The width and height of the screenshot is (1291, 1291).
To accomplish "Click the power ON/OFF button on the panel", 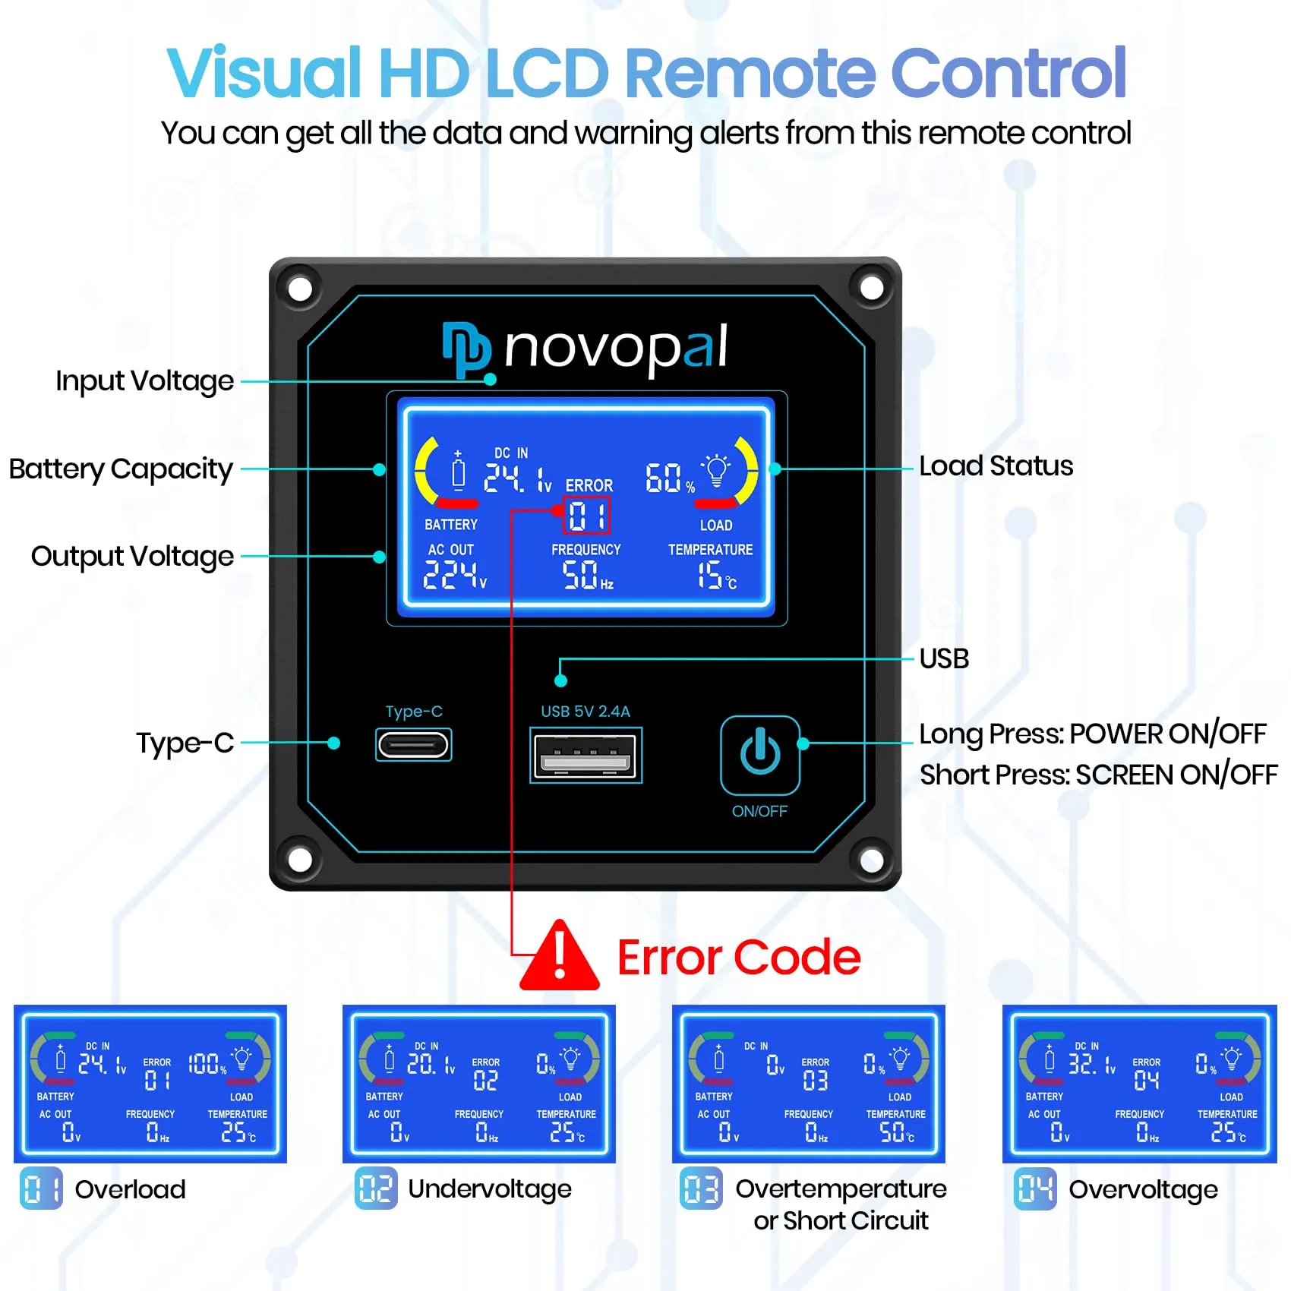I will coord(759,754).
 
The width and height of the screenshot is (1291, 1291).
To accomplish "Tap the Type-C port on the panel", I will coord(414,744).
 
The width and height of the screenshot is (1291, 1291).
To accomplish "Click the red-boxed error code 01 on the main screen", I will coord(586,516).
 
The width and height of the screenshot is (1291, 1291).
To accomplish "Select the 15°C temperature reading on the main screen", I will coord(716,575).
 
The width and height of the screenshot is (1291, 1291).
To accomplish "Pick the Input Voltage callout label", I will coord(144,380).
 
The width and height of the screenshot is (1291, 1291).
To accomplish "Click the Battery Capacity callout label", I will coord(120,469).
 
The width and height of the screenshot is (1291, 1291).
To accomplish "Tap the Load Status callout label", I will coord(996,466).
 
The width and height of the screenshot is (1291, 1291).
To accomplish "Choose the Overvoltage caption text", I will coord(1143,1189).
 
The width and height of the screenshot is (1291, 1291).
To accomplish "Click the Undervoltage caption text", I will coord(489,1188).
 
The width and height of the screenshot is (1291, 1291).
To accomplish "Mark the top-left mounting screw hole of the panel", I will coord(301,289).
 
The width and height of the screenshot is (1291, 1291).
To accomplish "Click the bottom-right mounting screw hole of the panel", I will coord(871,860).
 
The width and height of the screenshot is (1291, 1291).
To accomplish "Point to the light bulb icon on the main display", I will coord(716,469).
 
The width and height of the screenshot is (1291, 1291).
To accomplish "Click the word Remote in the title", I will coord(749,73).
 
